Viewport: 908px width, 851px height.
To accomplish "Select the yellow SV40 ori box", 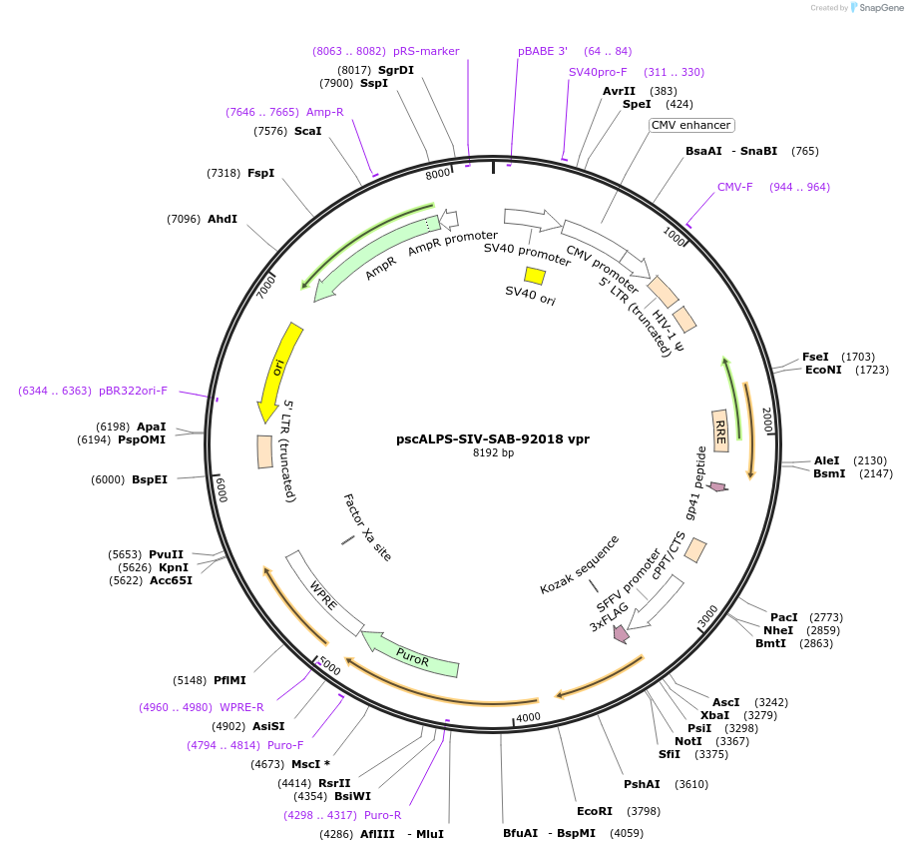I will point(535,276).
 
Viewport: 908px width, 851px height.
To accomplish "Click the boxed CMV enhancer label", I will point(691,126).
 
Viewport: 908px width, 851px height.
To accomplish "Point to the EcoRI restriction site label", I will point(595,811).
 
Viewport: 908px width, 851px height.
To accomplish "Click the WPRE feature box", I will point(324,592).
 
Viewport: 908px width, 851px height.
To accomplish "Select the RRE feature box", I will point(720,429).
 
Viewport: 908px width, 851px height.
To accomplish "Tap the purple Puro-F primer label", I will point(284,745).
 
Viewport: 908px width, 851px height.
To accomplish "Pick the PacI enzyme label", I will point(784,617).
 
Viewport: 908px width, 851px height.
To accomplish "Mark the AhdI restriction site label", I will point(223,219).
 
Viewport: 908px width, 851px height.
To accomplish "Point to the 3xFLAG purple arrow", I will point(622,632).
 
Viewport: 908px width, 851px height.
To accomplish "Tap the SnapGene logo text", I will point(876,7).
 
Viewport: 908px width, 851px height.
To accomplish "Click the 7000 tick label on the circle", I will point(265,286).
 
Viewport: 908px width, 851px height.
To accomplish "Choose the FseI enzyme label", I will point(815,357).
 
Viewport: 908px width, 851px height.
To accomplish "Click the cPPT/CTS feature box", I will point(695,550).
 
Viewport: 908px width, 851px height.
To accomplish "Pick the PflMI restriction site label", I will point(229,680).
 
